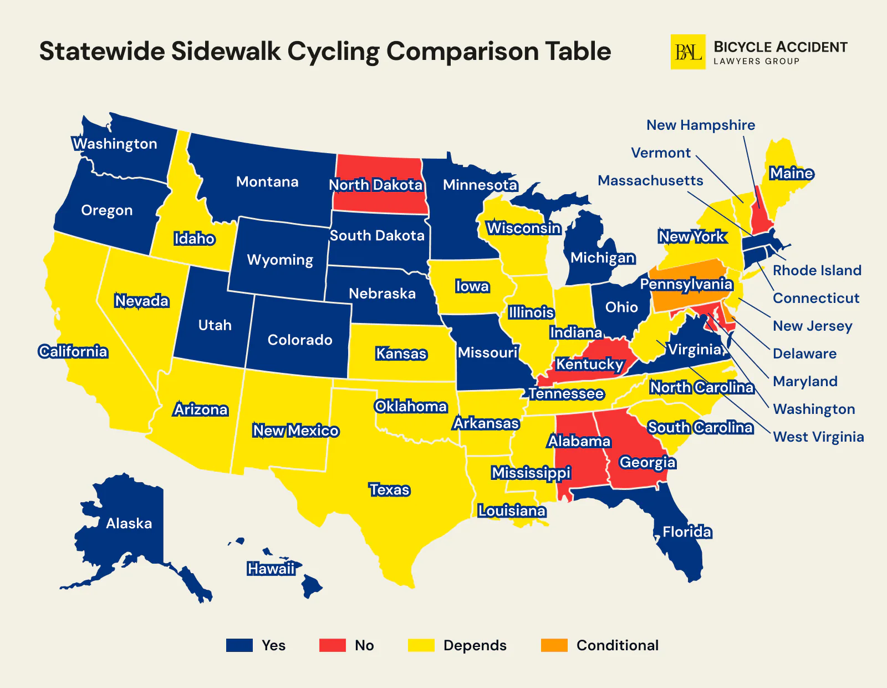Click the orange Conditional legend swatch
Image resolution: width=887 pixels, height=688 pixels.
click(554, 645)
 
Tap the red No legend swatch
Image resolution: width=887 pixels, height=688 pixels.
click(333, 645)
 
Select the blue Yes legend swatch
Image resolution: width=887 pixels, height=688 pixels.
click(239, 645)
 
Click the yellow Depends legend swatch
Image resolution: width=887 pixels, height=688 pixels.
click(421, 645)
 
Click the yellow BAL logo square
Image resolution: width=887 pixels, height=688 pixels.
click(688, 52)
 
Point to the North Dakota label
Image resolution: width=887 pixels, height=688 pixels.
click(376, 185)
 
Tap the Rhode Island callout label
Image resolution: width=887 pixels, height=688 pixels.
click(817, 270)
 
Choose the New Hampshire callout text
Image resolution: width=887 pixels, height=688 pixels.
click(701, 125)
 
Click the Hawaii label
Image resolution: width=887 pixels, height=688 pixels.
click(271, 569)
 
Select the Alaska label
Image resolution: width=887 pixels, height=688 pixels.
click(129, 523)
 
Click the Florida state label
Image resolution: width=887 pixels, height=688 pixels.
click(687, 532)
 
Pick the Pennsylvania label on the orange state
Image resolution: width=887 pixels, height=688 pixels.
click(686, 284)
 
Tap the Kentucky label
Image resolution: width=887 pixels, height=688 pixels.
click(590, 364)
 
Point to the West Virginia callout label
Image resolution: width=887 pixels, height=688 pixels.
click(818, 437)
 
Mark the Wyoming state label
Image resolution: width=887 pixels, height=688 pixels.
click(280, 260)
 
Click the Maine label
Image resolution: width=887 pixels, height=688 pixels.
click(791, 174)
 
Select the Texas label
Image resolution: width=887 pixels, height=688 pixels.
click(390, 490)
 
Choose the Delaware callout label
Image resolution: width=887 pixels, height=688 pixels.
click(804, 353)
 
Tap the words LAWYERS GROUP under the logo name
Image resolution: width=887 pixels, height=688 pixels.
click(756, 62)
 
